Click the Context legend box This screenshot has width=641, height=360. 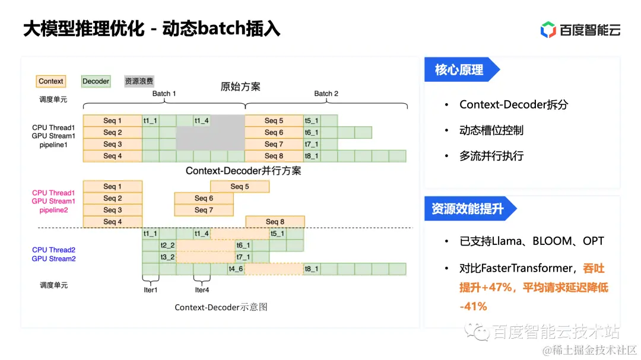(x=50, y=81)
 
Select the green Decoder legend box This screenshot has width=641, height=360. (x=96, y=81)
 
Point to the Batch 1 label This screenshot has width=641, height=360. (x=164, y=94)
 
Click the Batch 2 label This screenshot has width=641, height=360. (x=326, y=94)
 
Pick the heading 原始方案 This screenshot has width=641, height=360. (x=240, y=87)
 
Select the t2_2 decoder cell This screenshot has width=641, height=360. (x=168, y=245)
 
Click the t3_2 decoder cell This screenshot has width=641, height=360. (x=168, y=257)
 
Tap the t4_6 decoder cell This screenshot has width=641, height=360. (x=236, y=269)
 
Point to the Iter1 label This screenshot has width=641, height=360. (x=151, y=290)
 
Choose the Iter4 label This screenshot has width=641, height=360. (x=202, y=290)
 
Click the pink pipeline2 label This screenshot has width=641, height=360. (x=53, y=210)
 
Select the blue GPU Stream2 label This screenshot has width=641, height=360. (x=53, y=259)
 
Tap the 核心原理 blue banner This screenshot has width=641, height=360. (x=459, y=70)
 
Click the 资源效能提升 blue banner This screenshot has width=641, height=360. (x=468, y=209)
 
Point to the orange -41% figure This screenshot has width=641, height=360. (x=473, y=307)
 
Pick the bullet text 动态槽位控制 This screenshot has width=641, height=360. (x=491, y=130)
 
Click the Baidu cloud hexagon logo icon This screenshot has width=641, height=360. (x=548, y=30)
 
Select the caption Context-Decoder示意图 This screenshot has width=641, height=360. (x=221, y=307)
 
